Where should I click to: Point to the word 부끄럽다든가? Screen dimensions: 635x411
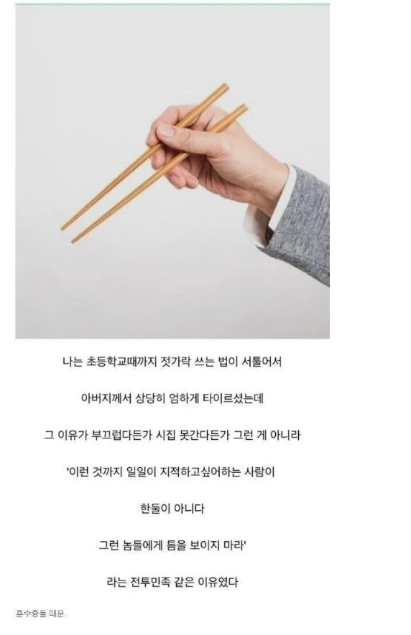click(129, 435)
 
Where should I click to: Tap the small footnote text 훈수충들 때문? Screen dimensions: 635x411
click(40, 613)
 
